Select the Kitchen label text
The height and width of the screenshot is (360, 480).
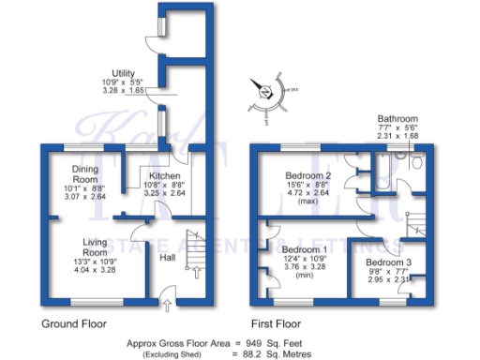tap(165, 175)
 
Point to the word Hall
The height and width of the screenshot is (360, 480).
tap(167, 256)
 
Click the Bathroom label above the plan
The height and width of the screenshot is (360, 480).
tap(397, 119)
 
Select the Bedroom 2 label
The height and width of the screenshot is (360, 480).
tap(308, 175)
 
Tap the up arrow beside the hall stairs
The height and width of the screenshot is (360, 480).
tap(196, 273)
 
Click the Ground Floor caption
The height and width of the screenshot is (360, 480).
tap(73, 323)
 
